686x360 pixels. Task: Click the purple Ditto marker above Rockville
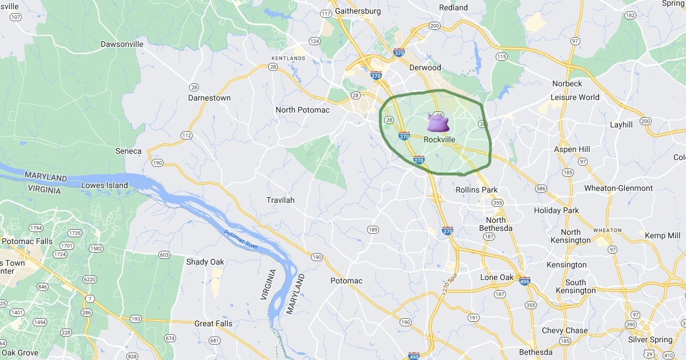pos(438,123)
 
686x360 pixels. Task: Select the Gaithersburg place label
pos(358,11)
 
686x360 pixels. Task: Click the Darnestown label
pos(209,98)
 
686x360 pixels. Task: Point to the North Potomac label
pos(302,110)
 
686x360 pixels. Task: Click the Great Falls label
pos(213,323)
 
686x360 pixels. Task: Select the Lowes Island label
pos(105,185)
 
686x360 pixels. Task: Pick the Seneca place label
pos(128,151)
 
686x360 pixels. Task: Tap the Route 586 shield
pos(541,189)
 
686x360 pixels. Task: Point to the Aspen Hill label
pos(572,149)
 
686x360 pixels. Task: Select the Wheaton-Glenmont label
pos(618,188)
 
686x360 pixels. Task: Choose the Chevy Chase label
pos(565,330)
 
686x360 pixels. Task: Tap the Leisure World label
pos(575,97)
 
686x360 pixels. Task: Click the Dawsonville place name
pos(125,44)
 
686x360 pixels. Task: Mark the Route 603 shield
pos(164,255)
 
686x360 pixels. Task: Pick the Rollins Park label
pos(476,190)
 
